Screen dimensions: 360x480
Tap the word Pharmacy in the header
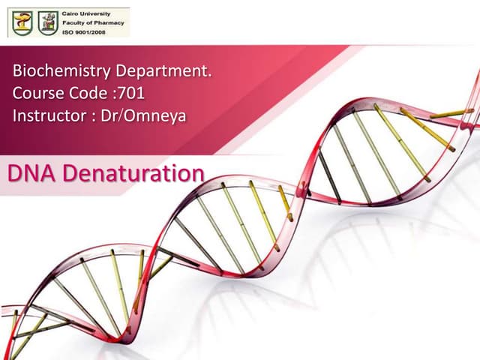tap(107, 22)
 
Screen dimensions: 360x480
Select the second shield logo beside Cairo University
tap(47, 23)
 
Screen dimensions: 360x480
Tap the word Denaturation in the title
tap(133, 173)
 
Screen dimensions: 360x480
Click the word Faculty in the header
tap(75, 22)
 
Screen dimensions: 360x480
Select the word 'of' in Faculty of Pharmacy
tap(91, 22)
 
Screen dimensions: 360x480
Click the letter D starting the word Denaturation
tap(70, 173)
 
